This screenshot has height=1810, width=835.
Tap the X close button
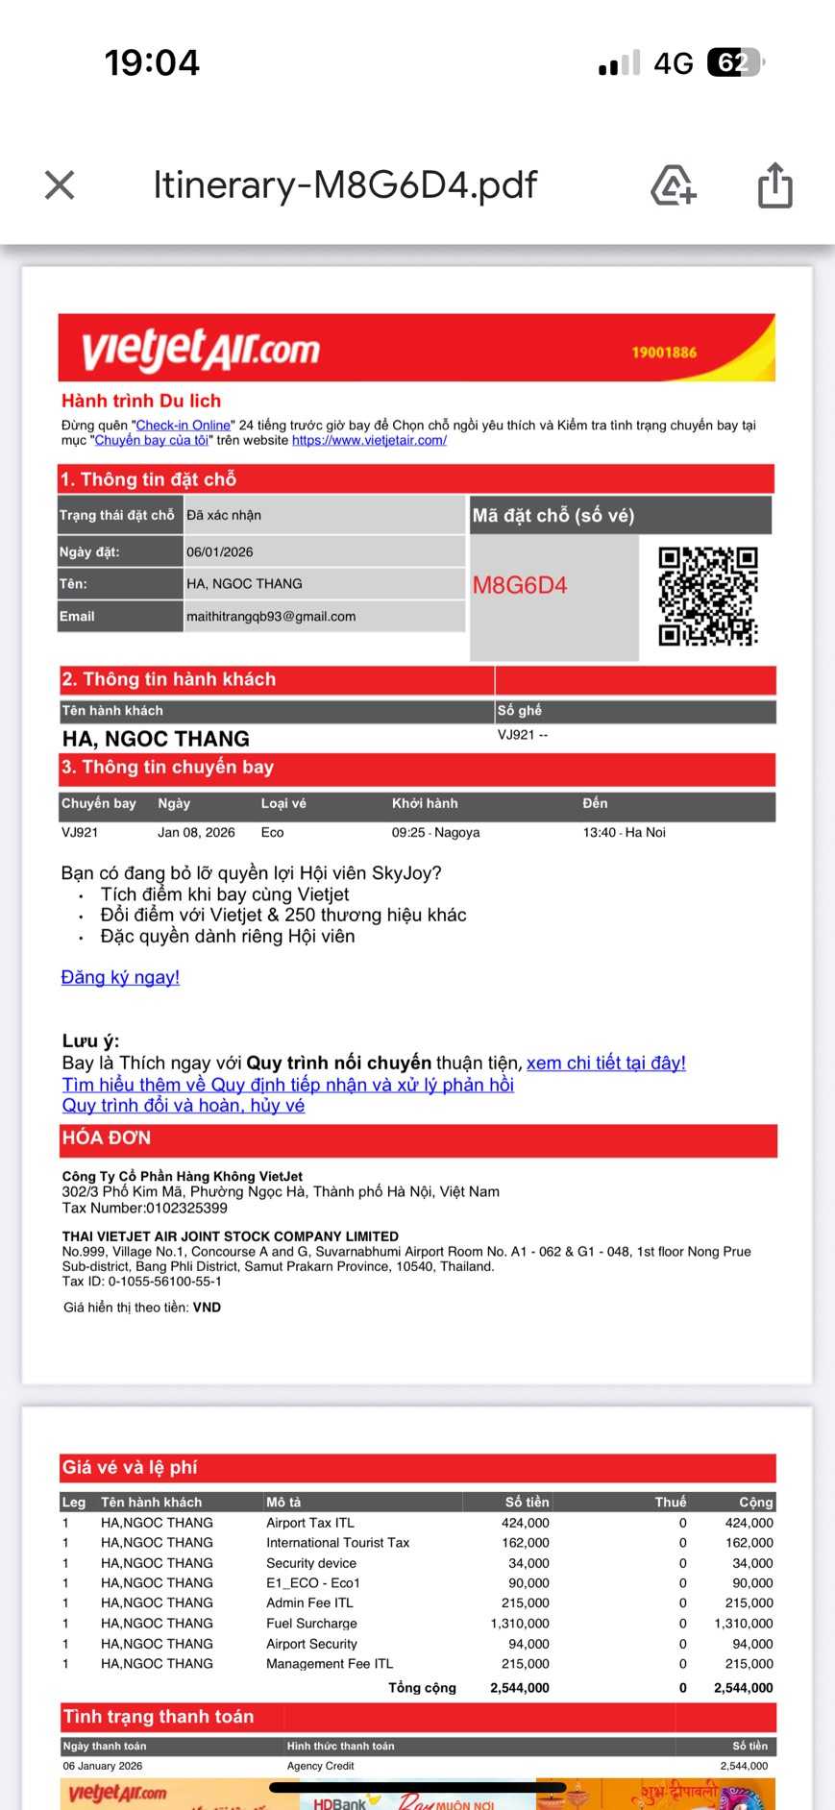click(x=60, y=185)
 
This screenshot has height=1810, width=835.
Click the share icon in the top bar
click(x=774, y=185)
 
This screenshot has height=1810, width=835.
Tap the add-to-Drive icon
click(x=673, y=185)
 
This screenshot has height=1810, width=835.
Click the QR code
click(x=708, y=596)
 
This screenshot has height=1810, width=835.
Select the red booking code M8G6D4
click(x=520, y=585)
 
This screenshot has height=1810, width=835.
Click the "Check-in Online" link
click(x=184, y=425)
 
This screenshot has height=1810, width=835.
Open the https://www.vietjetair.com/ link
click(x=369, y=440)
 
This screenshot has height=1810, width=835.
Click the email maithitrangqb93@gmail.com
click(x=271, y=617)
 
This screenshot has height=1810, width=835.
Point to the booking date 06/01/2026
click(x=220, y=552)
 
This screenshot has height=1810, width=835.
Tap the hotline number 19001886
click(x=664, y=353)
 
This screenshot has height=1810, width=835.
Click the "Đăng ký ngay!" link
click(x=120, y=977)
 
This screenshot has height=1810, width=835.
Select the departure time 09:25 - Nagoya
click(x=435, y=832)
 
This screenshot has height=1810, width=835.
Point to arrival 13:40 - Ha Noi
click(x=624, y=832)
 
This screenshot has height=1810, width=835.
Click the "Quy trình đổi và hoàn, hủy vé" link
click(x=184, y=1106)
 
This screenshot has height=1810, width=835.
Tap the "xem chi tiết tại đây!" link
click(x=606, y=1063)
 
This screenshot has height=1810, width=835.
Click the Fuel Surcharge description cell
click(x=311, y=1624)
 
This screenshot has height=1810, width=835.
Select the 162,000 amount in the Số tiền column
click(x=526, y=1543)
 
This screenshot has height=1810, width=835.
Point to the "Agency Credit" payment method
click(x=320, y=1766)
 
